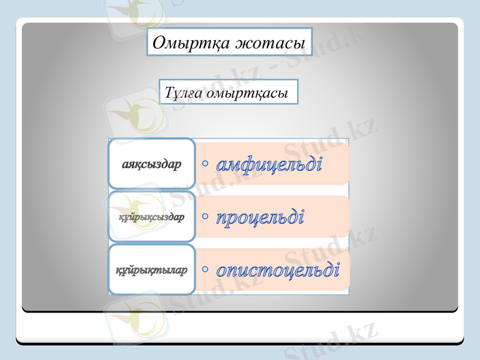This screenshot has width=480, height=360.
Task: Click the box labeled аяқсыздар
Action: coord(152,164)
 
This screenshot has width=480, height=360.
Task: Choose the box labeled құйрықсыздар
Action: coord(152,217)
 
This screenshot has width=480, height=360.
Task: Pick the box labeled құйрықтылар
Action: coord(152,269)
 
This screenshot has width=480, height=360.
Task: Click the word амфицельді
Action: coord(269,163)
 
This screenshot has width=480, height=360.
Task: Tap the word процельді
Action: coord(259,216)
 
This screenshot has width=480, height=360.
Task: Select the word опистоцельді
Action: coord(278,269)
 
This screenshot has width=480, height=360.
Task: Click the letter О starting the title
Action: coord(159,43)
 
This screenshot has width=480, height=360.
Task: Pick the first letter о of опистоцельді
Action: coord(222,271)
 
